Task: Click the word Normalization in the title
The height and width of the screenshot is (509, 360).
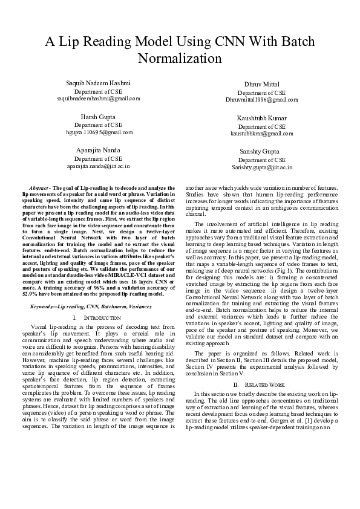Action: pyautogui.click(x=180, y=59)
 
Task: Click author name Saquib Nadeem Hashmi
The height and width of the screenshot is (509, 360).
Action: pyautogui.click(x=98, y=82)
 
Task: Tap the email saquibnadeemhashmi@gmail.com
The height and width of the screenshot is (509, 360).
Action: pyautogui.click(x=98, y=97)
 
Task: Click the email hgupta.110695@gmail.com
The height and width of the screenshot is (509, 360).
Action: pyautogui.click(x=98, y=131)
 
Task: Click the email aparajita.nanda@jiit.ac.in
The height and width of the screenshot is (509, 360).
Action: pyautogui.click(x=98, y=165)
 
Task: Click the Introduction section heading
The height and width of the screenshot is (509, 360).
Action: pyautogui.click(x=99, y=318)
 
